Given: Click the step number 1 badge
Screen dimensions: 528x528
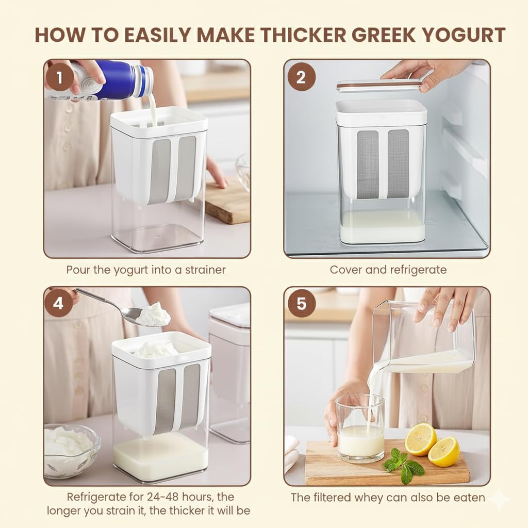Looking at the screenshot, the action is click(x=59, y=77).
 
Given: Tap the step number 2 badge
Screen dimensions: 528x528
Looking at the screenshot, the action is click(x=301, y=77).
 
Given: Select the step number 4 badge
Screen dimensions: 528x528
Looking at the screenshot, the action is click(x=59, y=303).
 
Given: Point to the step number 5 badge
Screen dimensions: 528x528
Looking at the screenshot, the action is click(x=301, y=303).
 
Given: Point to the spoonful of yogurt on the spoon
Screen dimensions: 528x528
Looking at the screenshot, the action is click(x=153, y=314).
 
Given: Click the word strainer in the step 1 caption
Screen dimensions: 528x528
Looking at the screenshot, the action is click(x=205, y=270).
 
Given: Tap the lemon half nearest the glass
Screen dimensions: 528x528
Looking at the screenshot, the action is click(x=421, y=440).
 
